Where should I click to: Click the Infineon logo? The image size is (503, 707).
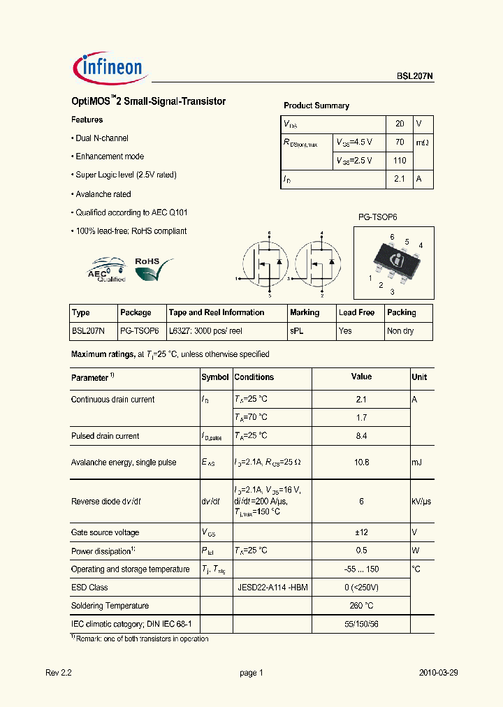click(x=108, y=67)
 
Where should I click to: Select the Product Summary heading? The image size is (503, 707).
click(x=316, y=105)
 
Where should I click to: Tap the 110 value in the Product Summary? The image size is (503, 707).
click(x=400, y=160)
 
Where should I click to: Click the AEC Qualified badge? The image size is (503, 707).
click(x=106, y=269)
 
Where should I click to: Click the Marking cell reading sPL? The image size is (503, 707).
click(x=296, y=331)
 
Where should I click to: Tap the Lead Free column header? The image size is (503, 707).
click(x=356, y=312)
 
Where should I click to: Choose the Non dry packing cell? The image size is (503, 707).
click(x=401, y=331)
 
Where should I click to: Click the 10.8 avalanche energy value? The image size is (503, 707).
click(x=361, y=462)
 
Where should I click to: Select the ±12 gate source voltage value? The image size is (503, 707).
click(x=361, y=532)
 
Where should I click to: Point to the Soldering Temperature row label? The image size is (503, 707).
click(x=110, y=606)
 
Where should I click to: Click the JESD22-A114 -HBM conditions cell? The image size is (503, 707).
click(x=272, y=588)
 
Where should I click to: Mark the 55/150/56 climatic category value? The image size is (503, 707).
click(x=361, y=624)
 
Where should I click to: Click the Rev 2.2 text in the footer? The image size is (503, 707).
click(x=59, y=673)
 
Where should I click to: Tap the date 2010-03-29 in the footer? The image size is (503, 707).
click(x=438, y=673)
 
